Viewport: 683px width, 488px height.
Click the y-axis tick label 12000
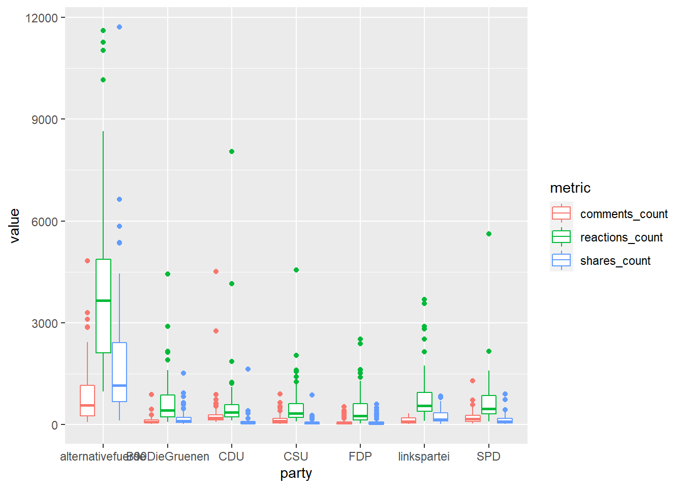(41, 18)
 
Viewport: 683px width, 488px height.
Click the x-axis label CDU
(231, 456)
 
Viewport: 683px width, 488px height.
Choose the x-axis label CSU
(296, 456)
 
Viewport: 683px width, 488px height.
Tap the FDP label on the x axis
(360, 456)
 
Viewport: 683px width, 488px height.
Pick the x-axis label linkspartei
(424, 456)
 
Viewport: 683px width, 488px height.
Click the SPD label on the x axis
(488, 456)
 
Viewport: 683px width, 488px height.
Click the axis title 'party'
(296, 474)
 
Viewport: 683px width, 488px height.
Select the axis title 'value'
(14, 226)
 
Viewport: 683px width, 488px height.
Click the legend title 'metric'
(570, 188)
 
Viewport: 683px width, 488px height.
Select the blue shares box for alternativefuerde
(119, 372)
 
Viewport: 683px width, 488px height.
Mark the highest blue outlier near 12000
(119, 27)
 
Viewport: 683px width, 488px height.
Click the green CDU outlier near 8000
(232, 151)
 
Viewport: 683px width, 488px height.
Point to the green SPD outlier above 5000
(489, 234)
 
